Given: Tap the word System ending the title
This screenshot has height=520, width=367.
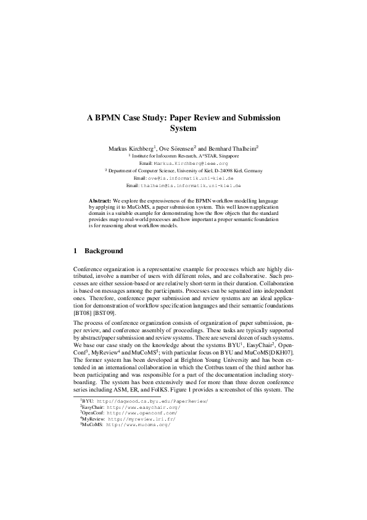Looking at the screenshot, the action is click(183, 129).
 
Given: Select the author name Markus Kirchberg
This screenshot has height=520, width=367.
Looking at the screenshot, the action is click(130, 149).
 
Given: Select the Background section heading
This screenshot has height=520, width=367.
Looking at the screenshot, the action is click(104, 251).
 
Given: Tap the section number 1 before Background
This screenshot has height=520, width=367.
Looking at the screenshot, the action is click(75, 251).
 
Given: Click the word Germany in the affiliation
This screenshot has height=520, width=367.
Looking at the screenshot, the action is click(250, 170).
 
